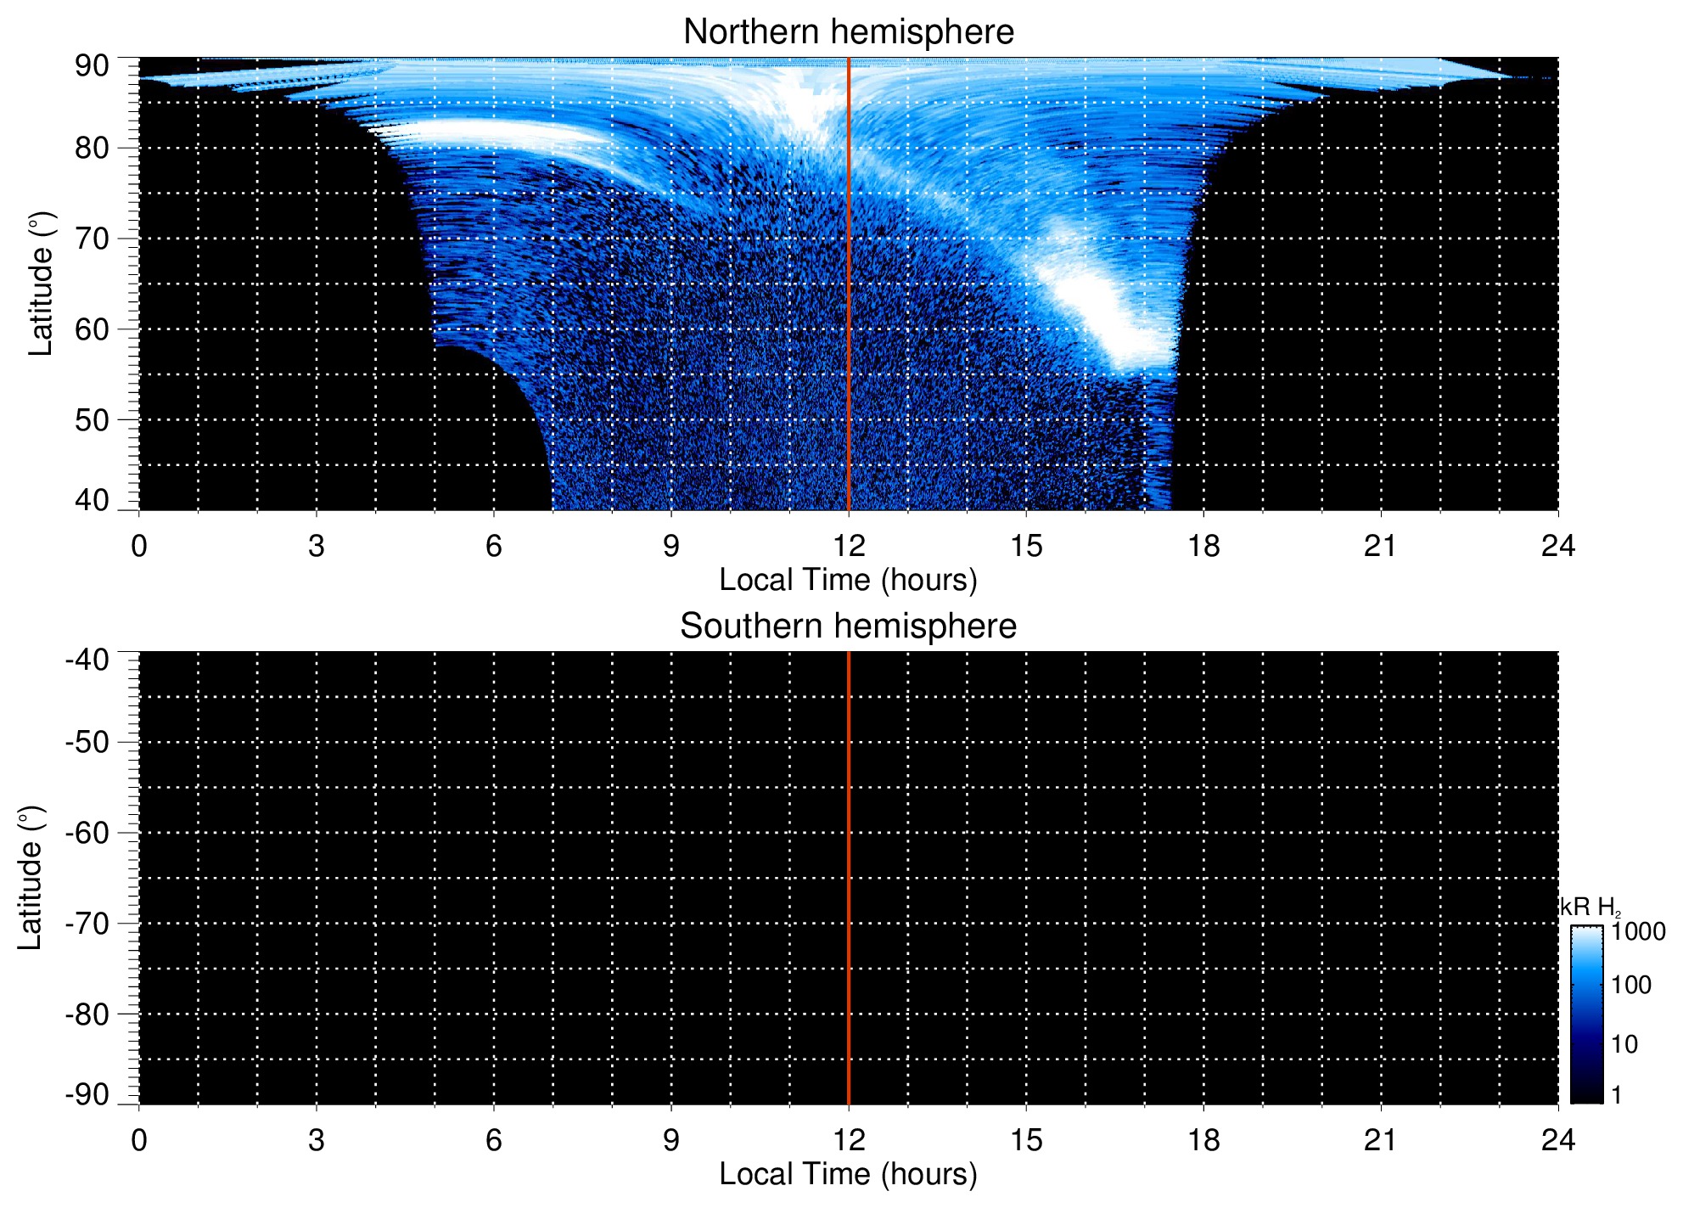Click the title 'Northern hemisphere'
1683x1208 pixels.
[x=848, y=32]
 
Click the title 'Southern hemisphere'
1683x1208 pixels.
[x=848, y=626]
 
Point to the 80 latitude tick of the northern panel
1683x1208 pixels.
[x=92, y=149]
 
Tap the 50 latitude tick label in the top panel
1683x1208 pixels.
[x=92, y=420]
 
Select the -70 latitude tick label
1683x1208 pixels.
[x=87, y=924]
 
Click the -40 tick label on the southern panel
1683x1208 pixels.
[x=87, y=660]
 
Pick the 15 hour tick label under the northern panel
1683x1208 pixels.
[x=1026, y=546]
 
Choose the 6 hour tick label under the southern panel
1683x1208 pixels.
[x=494, y=1140]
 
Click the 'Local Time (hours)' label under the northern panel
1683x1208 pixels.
[x=848, y=580]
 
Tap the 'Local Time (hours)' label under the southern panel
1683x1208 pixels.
[x=848, y=1174]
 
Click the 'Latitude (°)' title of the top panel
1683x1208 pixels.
[x=41, y=284]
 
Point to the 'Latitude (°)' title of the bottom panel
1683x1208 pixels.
[x=31, y=879]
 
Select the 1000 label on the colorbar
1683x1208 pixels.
[x=1638, y=932]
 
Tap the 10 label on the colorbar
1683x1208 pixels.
[x=1624, y=1044]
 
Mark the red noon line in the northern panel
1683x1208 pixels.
[x=849, y=340]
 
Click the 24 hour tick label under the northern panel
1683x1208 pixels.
[x=1558, y=546]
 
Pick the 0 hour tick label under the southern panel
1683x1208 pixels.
[x=139, y=1140]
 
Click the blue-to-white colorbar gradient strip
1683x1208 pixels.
[x=1586, y=1014]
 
